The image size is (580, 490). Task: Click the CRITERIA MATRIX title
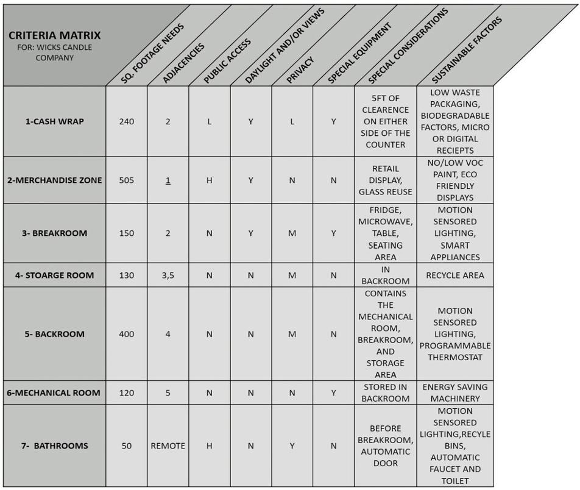(55, 35)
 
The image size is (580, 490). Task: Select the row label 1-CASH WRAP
(55, 121)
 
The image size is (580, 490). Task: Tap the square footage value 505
(127, 180)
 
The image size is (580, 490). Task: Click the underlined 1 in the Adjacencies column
(168, 180)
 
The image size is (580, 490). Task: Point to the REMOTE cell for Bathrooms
(168, 446)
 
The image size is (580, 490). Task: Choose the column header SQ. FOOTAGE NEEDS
(152, 54)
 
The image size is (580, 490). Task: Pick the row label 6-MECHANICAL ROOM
(54, 392)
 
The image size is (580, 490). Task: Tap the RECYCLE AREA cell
(455, 275)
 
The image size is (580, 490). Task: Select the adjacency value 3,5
(168, 275)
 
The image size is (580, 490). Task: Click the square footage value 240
(127, 121)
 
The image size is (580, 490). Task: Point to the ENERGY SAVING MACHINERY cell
(455, 392)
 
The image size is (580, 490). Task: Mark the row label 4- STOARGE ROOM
(55, 275)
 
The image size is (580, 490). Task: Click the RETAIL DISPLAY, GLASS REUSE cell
(385, 180)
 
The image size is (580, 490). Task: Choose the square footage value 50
(127, 446)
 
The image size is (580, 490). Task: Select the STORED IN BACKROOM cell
(385, 392)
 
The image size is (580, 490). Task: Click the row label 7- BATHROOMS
(55, 446)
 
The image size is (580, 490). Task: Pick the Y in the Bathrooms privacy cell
(292, 446)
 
